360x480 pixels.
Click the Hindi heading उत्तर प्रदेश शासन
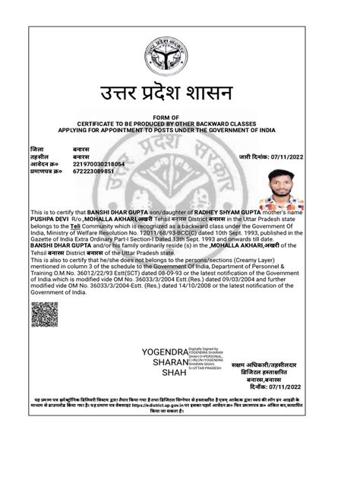179,96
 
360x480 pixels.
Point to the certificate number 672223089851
93,171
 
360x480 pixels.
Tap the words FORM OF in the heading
179,115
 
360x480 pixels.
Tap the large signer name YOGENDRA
163,353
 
